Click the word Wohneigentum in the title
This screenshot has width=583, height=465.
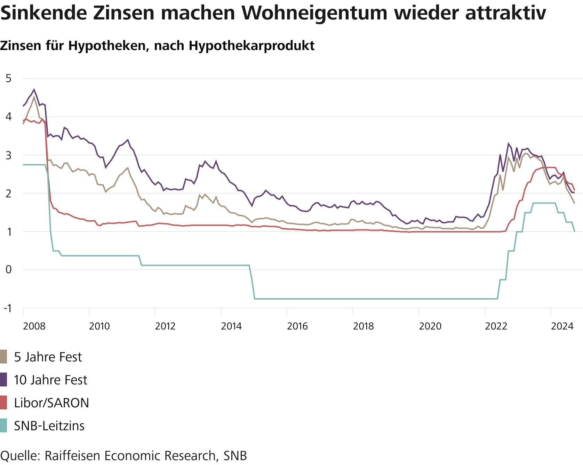coord(315,13)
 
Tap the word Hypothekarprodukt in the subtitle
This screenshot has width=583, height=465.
coord(251,46)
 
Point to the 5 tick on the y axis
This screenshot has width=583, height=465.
coord(8,79)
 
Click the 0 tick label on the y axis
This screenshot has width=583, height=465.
coord(8,270)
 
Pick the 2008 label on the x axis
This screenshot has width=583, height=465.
coord(34,326)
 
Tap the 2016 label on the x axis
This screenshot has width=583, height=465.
coord(297,326)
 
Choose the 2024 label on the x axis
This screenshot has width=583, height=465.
coord(562,326)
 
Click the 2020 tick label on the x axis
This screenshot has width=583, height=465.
coord(430,326)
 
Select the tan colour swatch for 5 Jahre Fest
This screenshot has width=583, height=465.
coord(3,357)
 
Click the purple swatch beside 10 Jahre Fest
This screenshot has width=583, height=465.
coord(3,380)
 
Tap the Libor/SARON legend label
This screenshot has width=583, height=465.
coord(51,403)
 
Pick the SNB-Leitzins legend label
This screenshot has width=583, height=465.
coord(49,426)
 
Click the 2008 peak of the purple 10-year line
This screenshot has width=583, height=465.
coord(34,89)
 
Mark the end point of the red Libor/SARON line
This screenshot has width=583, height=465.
coord(574,190)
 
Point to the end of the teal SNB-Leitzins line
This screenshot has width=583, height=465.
coord(574,231)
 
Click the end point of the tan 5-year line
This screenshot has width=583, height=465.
coord(574,203)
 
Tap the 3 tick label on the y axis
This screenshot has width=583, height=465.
coord(8,155)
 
